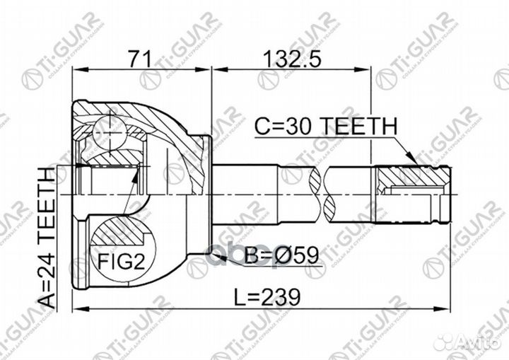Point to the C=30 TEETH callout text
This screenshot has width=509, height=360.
pos(325,127)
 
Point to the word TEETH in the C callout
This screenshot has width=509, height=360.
pos(360,127)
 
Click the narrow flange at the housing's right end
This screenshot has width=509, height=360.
pos(206,191)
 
